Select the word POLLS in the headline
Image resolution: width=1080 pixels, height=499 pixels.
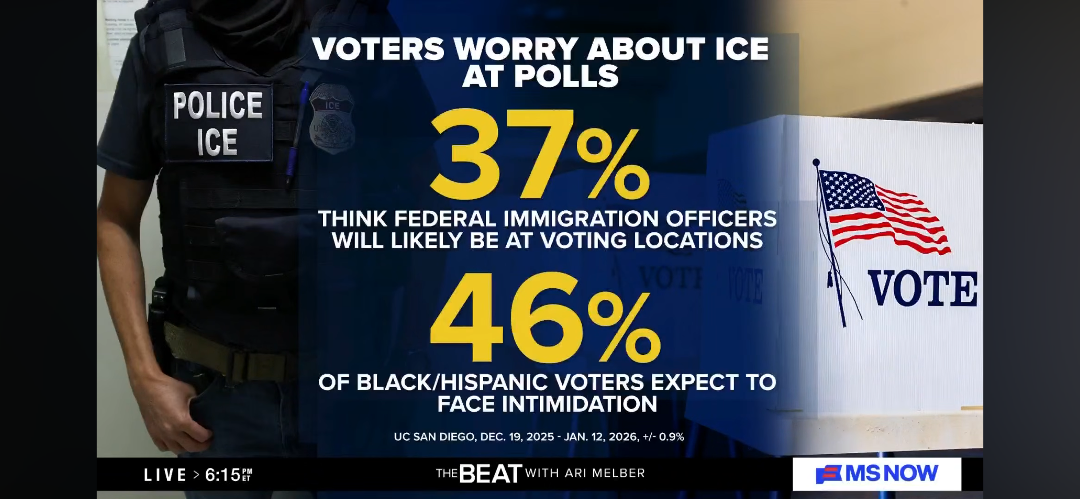coord(566,76)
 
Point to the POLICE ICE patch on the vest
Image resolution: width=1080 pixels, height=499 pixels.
coord(218,123)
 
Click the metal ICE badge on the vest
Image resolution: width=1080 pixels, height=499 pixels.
coord(332,119)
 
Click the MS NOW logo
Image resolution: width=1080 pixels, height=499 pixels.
coord(877,474)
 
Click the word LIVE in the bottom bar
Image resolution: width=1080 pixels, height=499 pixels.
coord(165,475)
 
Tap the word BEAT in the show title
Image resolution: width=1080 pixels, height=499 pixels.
coord(490,474)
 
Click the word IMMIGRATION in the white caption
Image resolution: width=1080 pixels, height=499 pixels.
coord(581,219)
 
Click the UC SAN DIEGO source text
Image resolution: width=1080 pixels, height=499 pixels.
coord(434,437)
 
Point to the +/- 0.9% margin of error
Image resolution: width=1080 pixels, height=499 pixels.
coord(663,437)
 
